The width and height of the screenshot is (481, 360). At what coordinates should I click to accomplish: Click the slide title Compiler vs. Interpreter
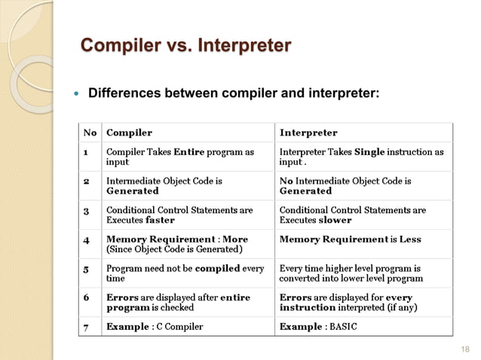pyautogui.click(x=185, y=47)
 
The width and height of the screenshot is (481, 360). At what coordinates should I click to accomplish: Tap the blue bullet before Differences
pyautogui.click(x=75, y=95)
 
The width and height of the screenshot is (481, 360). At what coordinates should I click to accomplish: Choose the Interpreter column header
pyautogui.click(x=308, y=133)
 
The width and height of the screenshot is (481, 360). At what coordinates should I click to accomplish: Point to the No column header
pyautogui.click(x=89, y=133)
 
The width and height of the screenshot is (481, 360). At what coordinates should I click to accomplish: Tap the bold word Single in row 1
pyautogui.click(x=369, y=152)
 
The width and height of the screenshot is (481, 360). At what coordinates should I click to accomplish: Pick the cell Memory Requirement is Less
pyautogui.click(x=351, y=239)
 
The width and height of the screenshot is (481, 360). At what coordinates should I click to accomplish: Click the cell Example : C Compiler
pyautogui.click(x=154, y=328)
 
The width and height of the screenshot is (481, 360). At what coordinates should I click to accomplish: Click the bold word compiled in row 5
pyautogui.click(x=219, y=269)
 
